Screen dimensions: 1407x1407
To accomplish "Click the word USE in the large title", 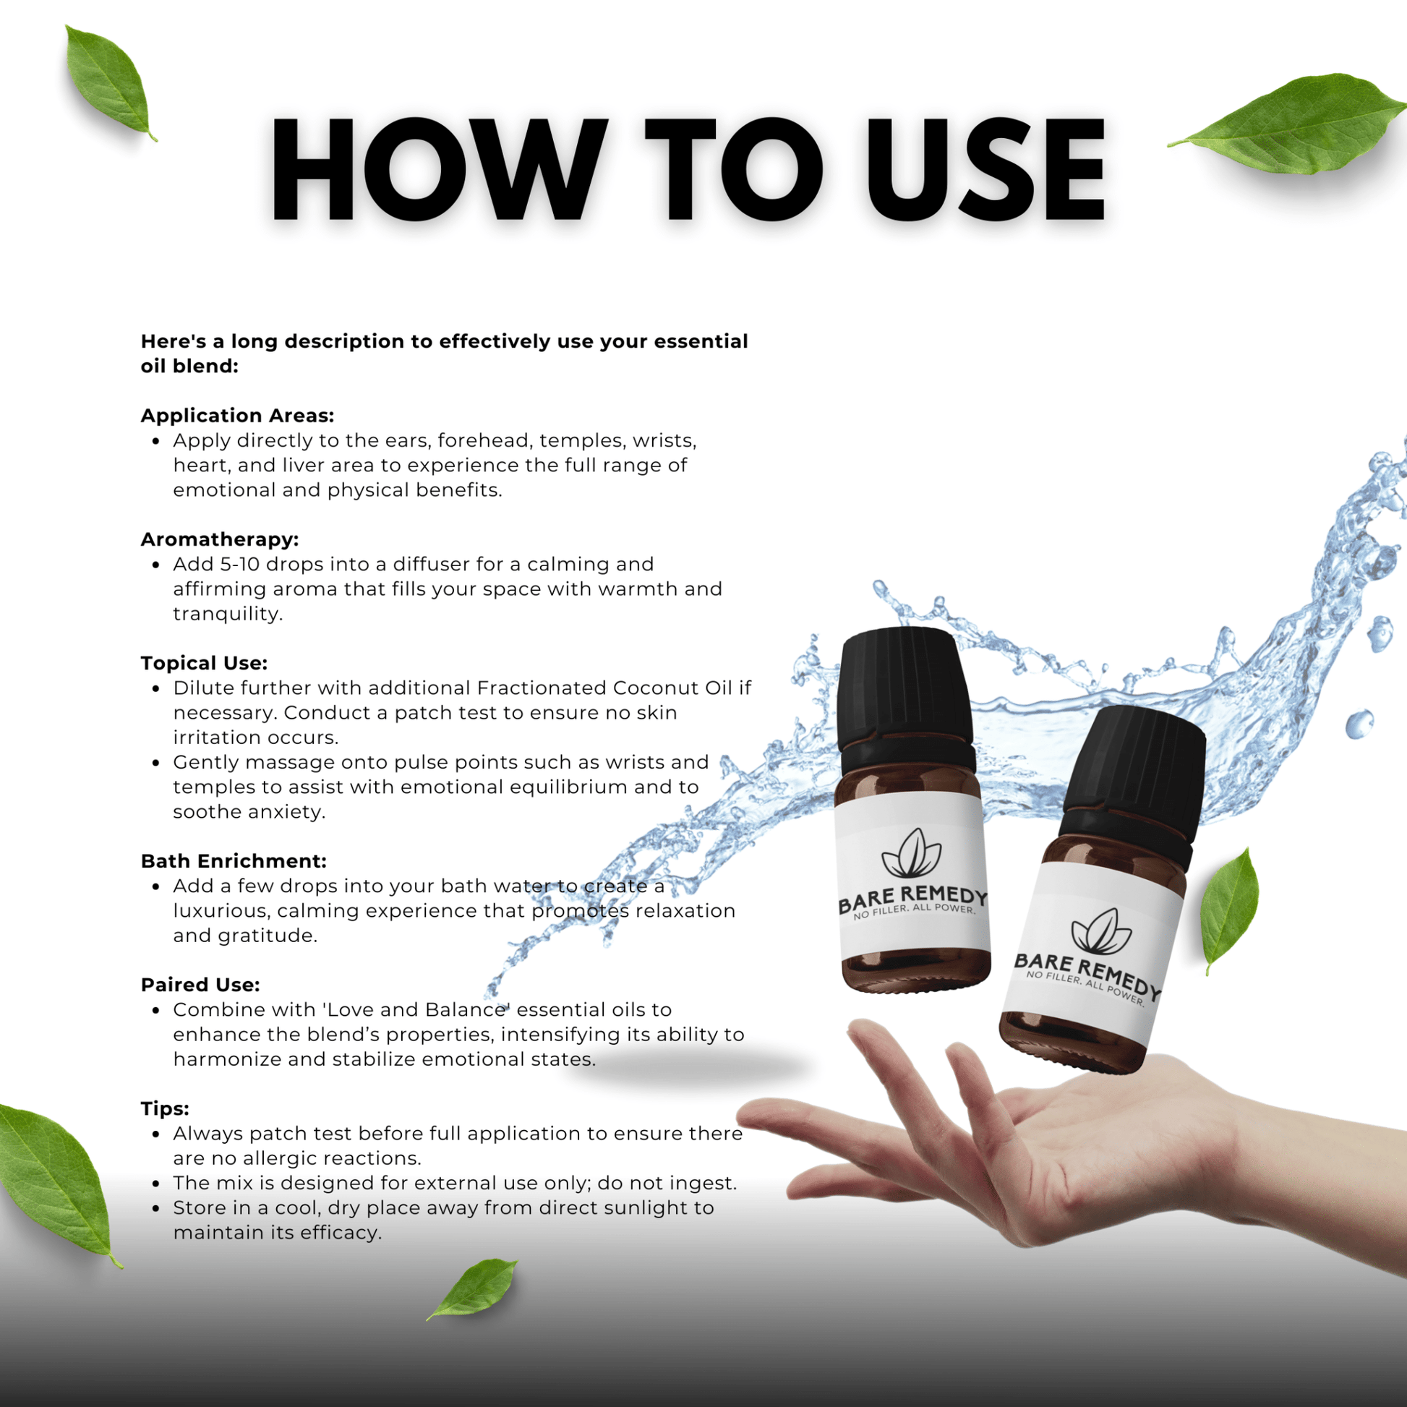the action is coord(985,169).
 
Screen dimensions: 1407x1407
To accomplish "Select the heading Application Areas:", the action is coord(237,416).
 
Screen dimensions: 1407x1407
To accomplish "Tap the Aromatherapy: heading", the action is coord(220,539).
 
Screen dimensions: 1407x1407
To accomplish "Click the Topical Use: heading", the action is coord(204,664).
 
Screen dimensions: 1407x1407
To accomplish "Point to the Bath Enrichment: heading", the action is coord(234,862).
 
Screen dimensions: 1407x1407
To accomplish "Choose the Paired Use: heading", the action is coord(200,985).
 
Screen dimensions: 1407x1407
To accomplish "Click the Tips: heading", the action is coord(165,1109).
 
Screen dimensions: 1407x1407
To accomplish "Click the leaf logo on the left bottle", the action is coord(911,853).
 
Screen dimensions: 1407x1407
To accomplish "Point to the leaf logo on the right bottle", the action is coord(1101,932).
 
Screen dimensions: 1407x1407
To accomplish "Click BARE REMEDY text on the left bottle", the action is coord(912,899).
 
